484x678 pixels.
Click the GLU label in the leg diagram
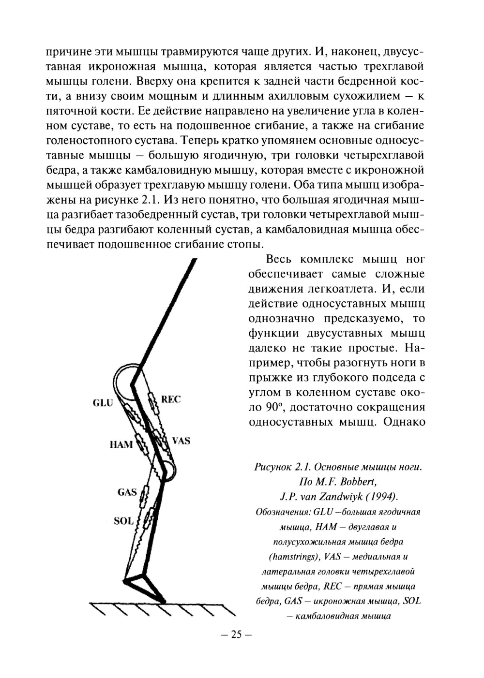click(x=103, y=402)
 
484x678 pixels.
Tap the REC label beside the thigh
click(x=170, y=399)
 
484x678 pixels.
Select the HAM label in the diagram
click(x=121, y=444)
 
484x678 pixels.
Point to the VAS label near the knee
click(x=181, y=441)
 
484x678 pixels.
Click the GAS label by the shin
click(x=127, y=492)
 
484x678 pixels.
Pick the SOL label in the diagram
click(x=123, y=521)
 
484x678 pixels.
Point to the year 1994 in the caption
click(x=380, y=497)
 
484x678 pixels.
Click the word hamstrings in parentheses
click(x=294, y=556)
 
